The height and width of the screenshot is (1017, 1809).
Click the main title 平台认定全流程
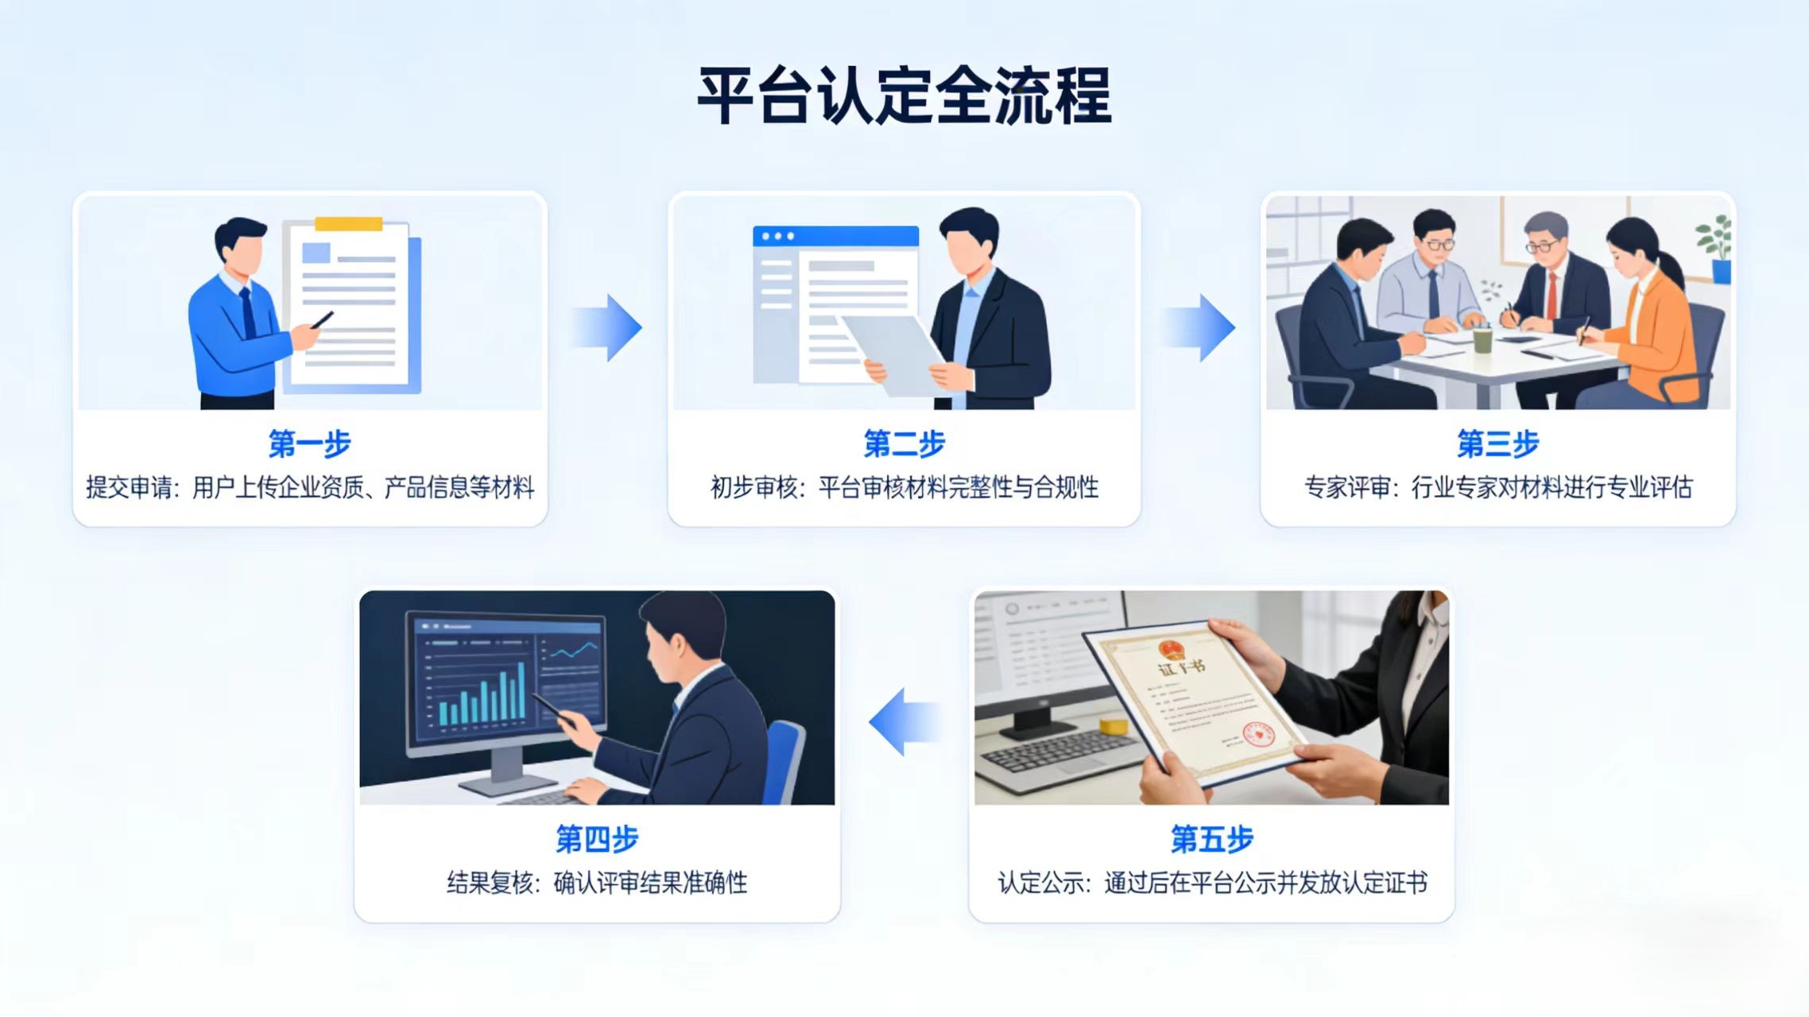[x=904, y=96]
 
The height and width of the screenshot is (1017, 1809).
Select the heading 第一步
[x=309, y=443]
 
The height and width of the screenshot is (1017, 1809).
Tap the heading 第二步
[x=904, y=443]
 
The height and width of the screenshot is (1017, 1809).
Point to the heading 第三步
[x=1497, y=443]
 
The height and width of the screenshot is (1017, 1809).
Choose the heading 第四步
[x=597, y=839]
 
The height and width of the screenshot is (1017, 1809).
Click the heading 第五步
[x=1211, y=839]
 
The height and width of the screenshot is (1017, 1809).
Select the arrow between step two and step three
[x=1201, y=327]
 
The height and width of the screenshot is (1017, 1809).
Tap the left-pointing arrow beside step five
[x=904, y=721]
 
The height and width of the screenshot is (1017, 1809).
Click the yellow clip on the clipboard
[x=348, y=224]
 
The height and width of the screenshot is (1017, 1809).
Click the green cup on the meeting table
[x=1482, y=339]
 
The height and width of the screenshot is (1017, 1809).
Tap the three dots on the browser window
[x=777, y=236]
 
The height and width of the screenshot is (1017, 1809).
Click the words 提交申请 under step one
[x=129, y=487]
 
